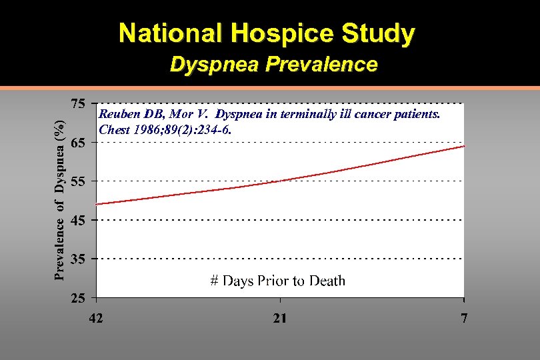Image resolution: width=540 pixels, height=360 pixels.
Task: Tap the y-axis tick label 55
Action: [x=78, y=181]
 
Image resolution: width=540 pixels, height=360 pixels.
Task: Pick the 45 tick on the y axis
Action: [x=78, y=221]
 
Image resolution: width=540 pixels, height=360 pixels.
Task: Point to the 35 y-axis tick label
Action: [x=78, y=259]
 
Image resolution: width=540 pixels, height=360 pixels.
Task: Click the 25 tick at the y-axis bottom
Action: [x=78, y=298]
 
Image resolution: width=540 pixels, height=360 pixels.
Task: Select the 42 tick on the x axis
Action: [x=97, y=318]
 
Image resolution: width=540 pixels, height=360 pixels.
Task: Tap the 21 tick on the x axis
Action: [x=280, y=318]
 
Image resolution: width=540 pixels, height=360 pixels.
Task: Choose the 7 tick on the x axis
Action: [x=464, y=318]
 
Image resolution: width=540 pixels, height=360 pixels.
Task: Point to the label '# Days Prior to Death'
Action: [x=278, y=281]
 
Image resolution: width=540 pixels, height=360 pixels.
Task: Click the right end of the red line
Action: [x=463, y=146]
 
